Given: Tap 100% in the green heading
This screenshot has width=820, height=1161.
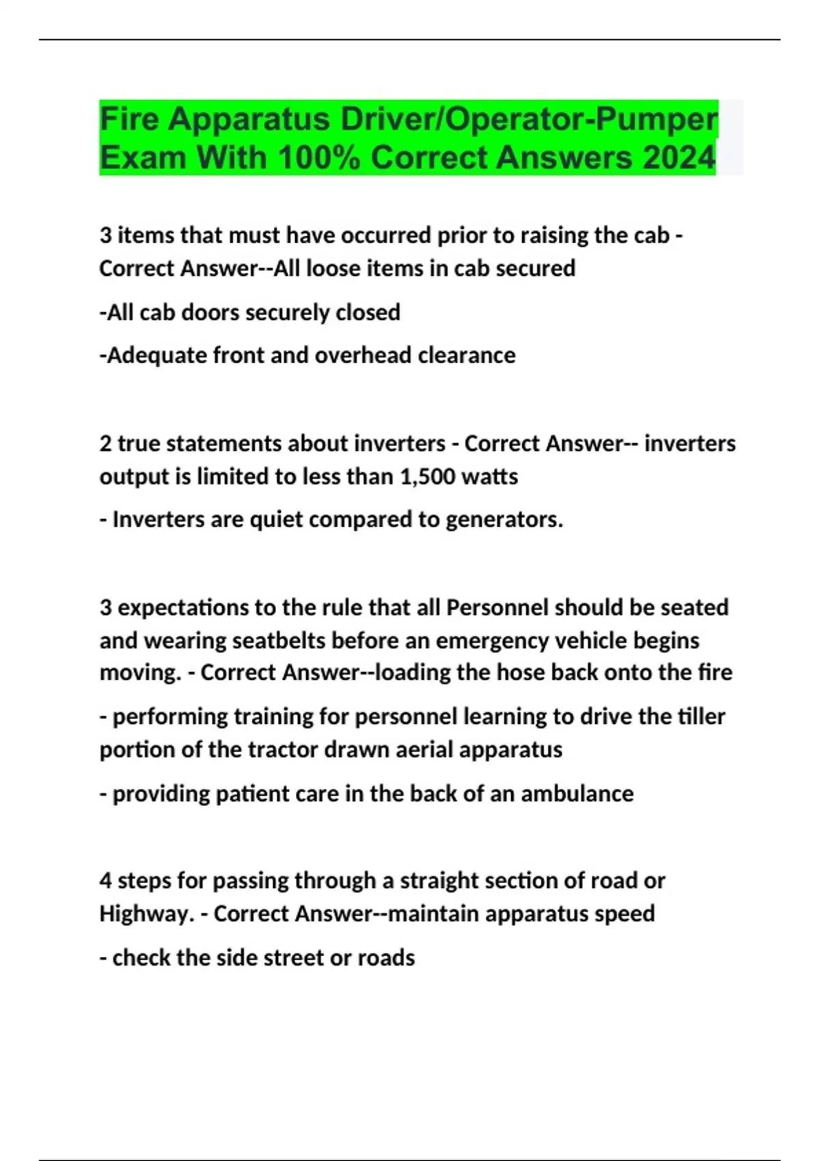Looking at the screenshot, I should [318, 158].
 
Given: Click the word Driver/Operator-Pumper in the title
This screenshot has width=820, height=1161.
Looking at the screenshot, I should [529, 120].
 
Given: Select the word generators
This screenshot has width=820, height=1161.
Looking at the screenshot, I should [504, 520].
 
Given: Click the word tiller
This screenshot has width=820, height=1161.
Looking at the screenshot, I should [701, 717].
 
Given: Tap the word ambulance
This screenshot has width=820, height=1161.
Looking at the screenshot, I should [577, 794].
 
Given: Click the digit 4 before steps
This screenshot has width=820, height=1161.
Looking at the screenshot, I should [105, 881].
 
